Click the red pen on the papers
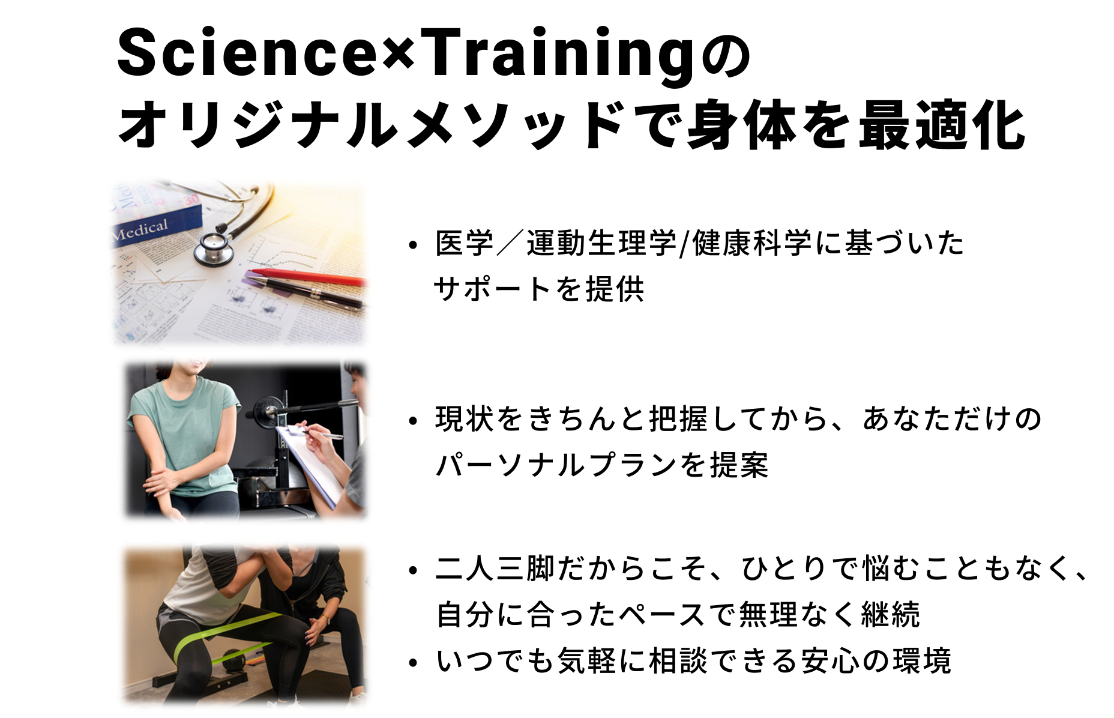point(306,276)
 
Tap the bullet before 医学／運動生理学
point(412,246)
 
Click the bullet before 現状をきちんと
point(412,421)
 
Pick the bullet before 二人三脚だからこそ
point(412,570)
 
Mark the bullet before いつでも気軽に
point(412,663)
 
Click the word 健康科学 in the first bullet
point(753,243)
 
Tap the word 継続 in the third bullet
point(890,615)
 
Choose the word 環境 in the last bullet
point(922,661)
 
